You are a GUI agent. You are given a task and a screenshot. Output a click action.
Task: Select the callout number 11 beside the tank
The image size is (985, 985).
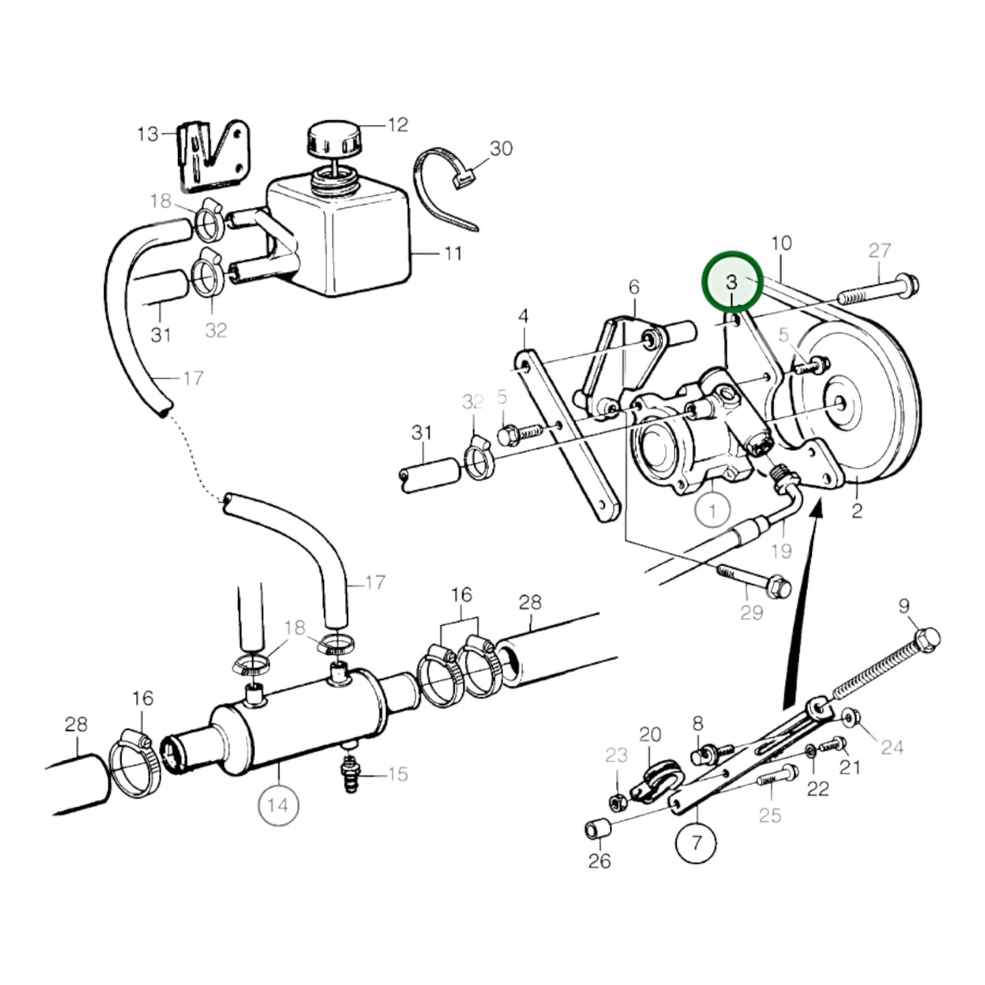point(453,253)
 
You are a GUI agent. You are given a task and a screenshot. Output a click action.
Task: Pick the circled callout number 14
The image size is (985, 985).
point(278,806)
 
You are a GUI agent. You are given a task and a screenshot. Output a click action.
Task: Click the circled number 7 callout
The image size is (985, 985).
point(696,843)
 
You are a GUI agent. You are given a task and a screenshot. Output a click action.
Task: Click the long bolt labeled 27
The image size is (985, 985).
point(878,290)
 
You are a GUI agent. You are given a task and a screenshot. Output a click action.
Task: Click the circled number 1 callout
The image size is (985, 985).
point(712,509)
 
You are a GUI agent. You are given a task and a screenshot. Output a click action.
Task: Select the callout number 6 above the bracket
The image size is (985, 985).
point(634,287)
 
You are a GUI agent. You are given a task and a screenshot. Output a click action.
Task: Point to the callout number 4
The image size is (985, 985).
point(523,316)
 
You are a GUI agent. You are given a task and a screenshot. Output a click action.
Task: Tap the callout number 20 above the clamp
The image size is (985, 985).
point(650,735)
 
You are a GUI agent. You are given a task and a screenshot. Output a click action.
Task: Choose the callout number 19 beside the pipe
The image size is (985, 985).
point(782,551)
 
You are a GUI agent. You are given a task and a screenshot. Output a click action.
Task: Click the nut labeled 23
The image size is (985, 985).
point(618,802)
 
